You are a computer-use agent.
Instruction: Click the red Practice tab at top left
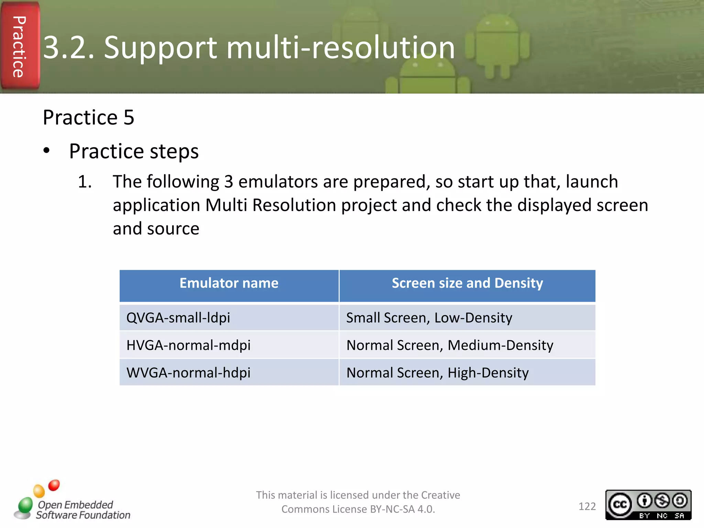coord(20,46)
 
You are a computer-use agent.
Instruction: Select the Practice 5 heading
coord(88,118)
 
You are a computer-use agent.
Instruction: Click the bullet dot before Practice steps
coord(47,151)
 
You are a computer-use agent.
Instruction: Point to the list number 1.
coord(85,181)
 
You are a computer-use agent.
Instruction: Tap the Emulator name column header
coord(229,283)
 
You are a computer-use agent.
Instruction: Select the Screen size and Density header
coord(467,283)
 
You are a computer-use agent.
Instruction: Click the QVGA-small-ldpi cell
coord(178,318)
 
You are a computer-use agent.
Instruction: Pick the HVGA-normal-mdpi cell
coord(188,345)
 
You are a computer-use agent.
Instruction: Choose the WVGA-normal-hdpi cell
coord(188,373)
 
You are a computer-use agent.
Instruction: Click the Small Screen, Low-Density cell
coord(429,318)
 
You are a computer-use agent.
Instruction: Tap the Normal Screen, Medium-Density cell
coord(450,345)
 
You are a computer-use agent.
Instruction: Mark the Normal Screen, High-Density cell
coord(437,373)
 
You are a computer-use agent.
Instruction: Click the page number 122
coord(587,506)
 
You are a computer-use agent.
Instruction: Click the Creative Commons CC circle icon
coord(620,504)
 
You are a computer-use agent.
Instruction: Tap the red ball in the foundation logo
coord(54,485)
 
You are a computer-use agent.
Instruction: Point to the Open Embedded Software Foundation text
coord(83,510)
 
